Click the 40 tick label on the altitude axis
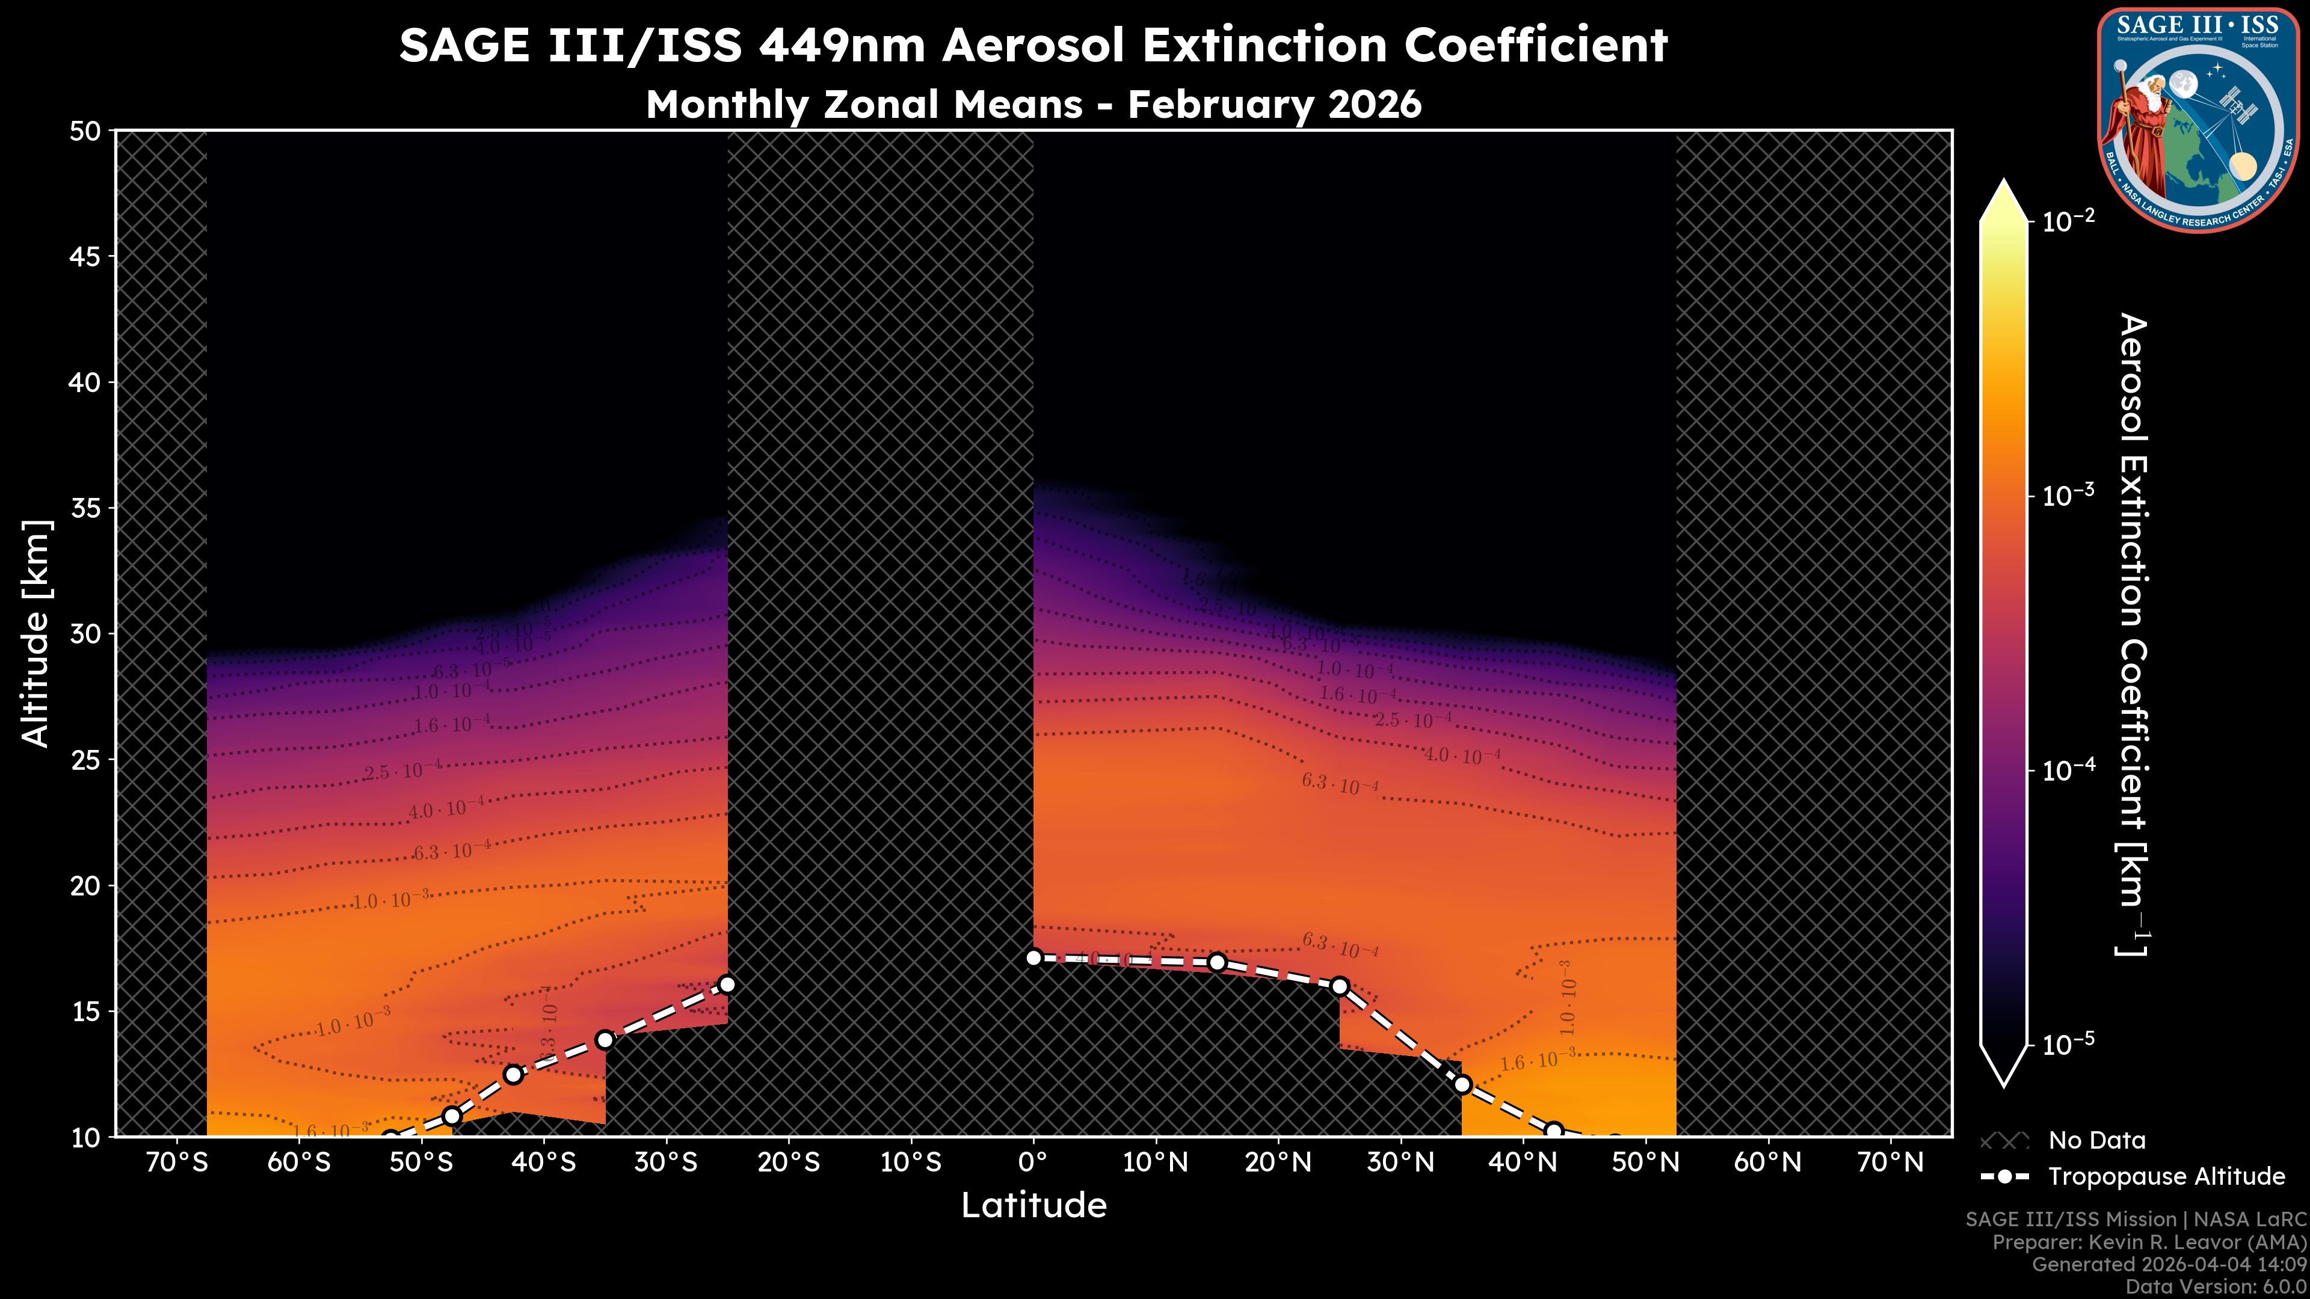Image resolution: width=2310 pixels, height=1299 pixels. (85, 383)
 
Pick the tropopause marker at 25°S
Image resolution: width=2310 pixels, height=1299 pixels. (727, 984)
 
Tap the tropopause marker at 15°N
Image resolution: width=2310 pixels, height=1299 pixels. (1217, 962)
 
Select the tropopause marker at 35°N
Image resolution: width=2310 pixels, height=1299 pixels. (1462, 1085)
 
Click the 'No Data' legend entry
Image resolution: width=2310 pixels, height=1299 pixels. (2096, 1140)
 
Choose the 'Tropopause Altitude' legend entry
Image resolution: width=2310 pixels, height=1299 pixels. (2166, 1176)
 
